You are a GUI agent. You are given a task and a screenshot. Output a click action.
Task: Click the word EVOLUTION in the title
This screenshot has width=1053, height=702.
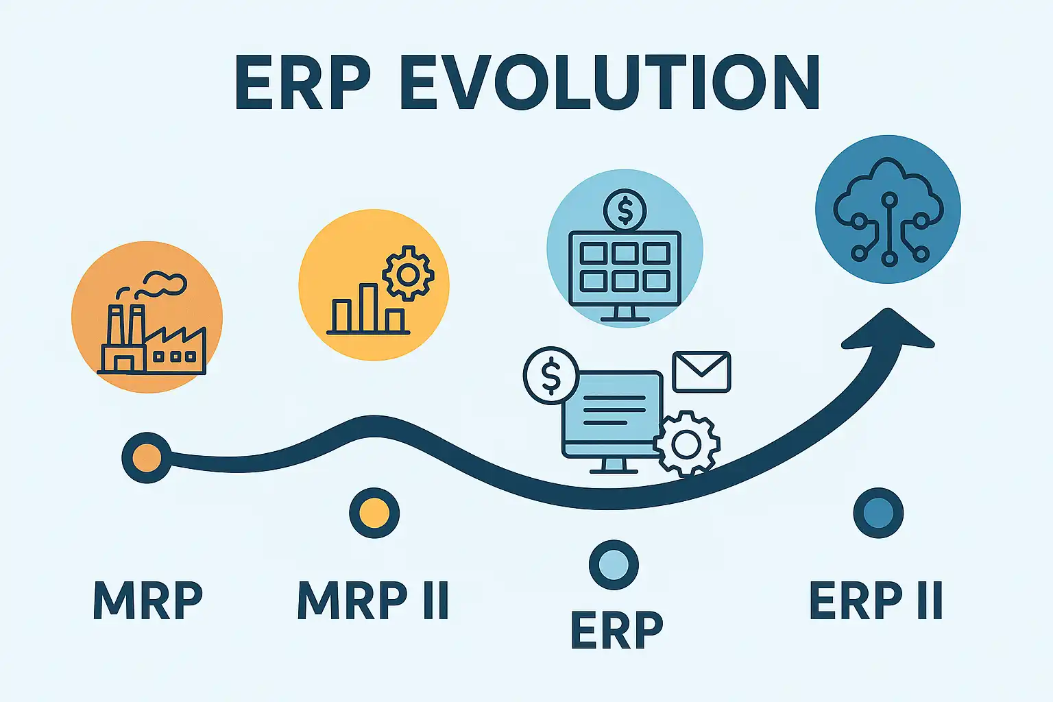[609, 82]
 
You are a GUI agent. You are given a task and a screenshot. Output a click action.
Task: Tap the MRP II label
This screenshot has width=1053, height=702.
[373, 601]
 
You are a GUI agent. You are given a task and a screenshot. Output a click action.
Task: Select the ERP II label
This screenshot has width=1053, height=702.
[876, 601]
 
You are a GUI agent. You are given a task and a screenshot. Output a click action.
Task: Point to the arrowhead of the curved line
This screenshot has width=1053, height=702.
[888, 329]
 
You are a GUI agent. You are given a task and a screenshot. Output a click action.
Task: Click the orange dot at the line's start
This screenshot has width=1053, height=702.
[147, 457]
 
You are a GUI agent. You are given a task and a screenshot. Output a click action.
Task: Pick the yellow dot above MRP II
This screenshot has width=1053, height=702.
[374, 513]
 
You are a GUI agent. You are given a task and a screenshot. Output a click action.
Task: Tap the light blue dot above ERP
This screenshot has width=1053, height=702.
[614, 565]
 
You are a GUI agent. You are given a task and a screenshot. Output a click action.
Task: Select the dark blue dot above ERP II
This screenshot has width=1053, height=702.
[878, 513]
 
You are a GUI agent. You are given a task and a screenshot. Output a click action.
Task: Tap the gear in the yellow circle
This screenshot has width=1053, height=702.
[408, 273]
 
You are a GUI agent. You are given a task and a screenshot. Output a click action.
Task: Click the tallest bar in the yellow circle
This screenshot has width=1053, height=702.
[368, 308]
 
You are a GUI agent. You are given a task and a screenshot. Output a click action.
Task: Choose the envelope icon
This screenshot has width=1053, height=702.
[701, 372]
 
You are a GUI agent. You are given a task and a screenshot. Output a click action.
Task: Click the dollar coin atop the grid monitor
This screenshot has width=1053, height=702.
[625, 210]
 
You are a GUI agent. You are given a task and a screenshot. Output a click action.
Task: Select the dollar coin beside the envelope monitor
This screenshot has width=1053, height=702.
[551, 375]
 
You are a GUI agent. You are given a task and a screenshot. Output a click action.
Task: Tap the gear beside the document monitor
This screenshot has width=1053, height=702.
[686, 444]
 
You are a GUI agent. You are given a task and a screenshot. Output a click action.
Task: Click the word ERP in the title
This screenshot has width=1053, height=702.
[303, 82]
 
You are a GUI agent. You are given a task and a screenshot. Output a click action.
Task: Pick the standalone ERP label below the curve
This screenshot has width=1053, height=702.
[617, 629]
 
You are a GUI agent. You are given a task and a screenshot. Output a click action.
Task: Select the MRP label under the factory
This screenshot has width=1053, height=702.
[148, 601]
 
